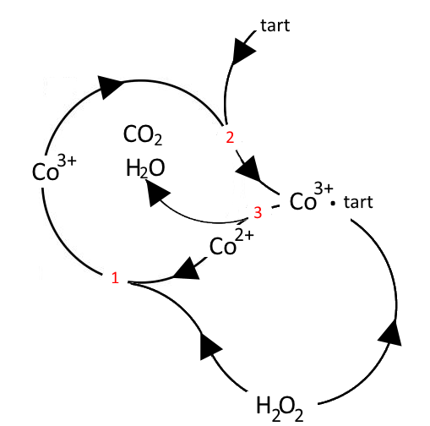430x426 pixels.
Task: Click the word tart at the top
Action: (275, 25)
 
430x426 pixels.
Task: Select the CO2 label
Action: (143, 135)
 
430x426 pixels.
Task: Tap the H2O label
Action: (145, 168)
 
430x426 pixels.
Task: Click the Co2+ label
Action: (231, 243)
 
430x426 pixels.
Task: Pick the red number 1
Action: (115, 278)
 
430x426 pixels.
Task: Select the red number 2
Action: (230, 138)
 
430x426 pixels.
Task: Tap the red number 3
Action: (258, 213)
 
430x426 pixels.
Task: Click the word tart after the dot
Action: (358, 202)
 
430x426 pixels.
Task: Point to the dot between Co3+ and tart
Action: (333, 203)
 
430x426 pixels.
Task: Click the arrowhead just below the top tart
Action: (242, 52)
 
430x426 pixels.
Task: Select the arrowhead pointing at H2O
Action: (156, 193)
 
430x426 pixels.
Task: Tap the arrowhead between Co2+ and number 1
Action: (187, 269)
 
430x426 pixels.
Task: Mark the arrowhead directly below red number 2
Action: (248, 169)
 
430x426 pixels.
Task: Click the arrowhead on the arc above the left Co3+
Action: (111, 87)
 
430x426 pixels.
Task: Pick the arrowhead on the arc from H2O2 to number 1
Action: (210, 346)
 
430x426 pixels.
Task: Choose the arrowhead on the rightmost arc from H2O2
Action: (391, 332)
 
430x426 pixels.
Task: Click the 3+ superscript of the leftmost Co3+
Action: (67, 161)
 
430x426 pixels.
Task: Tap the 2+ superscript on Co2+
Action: (244, 236)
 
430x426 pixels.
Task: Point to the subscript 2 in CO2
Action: (159, 140)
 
